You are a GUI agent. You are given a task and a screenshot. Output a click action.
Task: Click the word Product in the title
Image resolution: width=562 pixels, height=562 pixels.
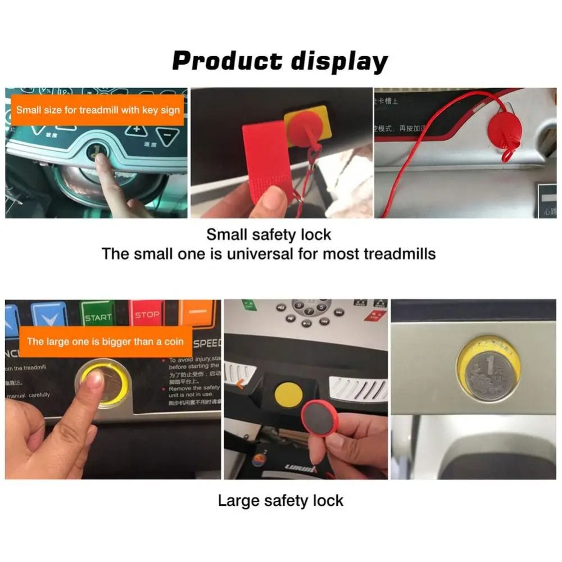point(226,61)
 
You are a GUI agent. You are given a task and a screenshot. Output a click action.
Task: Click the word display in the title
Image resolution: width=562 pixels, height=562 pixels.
point(339,61)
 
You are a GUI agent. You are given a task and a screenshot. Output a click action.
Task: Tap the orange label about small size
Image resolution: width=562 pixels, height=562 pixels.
point(98,110)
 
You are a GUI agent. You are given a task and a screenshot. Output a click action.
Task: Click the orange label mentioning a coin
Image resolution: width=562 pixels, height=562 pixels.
point(105,342)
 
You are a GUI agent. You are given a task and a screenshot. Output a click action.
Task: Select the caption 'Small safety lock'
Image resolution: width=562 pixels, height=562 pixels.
point(269,234)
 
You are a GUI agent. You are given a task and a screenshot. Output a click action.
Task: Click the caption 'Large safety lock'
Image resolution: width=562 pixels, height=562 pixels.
point(280,500)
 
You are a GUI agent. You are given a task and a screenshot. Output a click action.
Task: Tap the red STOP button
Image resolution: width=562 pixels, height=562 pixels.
point(147,315)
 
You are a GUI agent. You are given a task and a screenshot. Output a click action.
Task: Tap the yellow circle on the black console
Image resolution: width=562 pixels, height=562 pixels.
point(288,395)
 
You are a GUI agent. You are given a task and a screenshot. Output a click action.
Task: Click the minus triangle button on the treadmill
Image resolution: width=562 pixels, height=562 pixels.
point(167,135)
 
